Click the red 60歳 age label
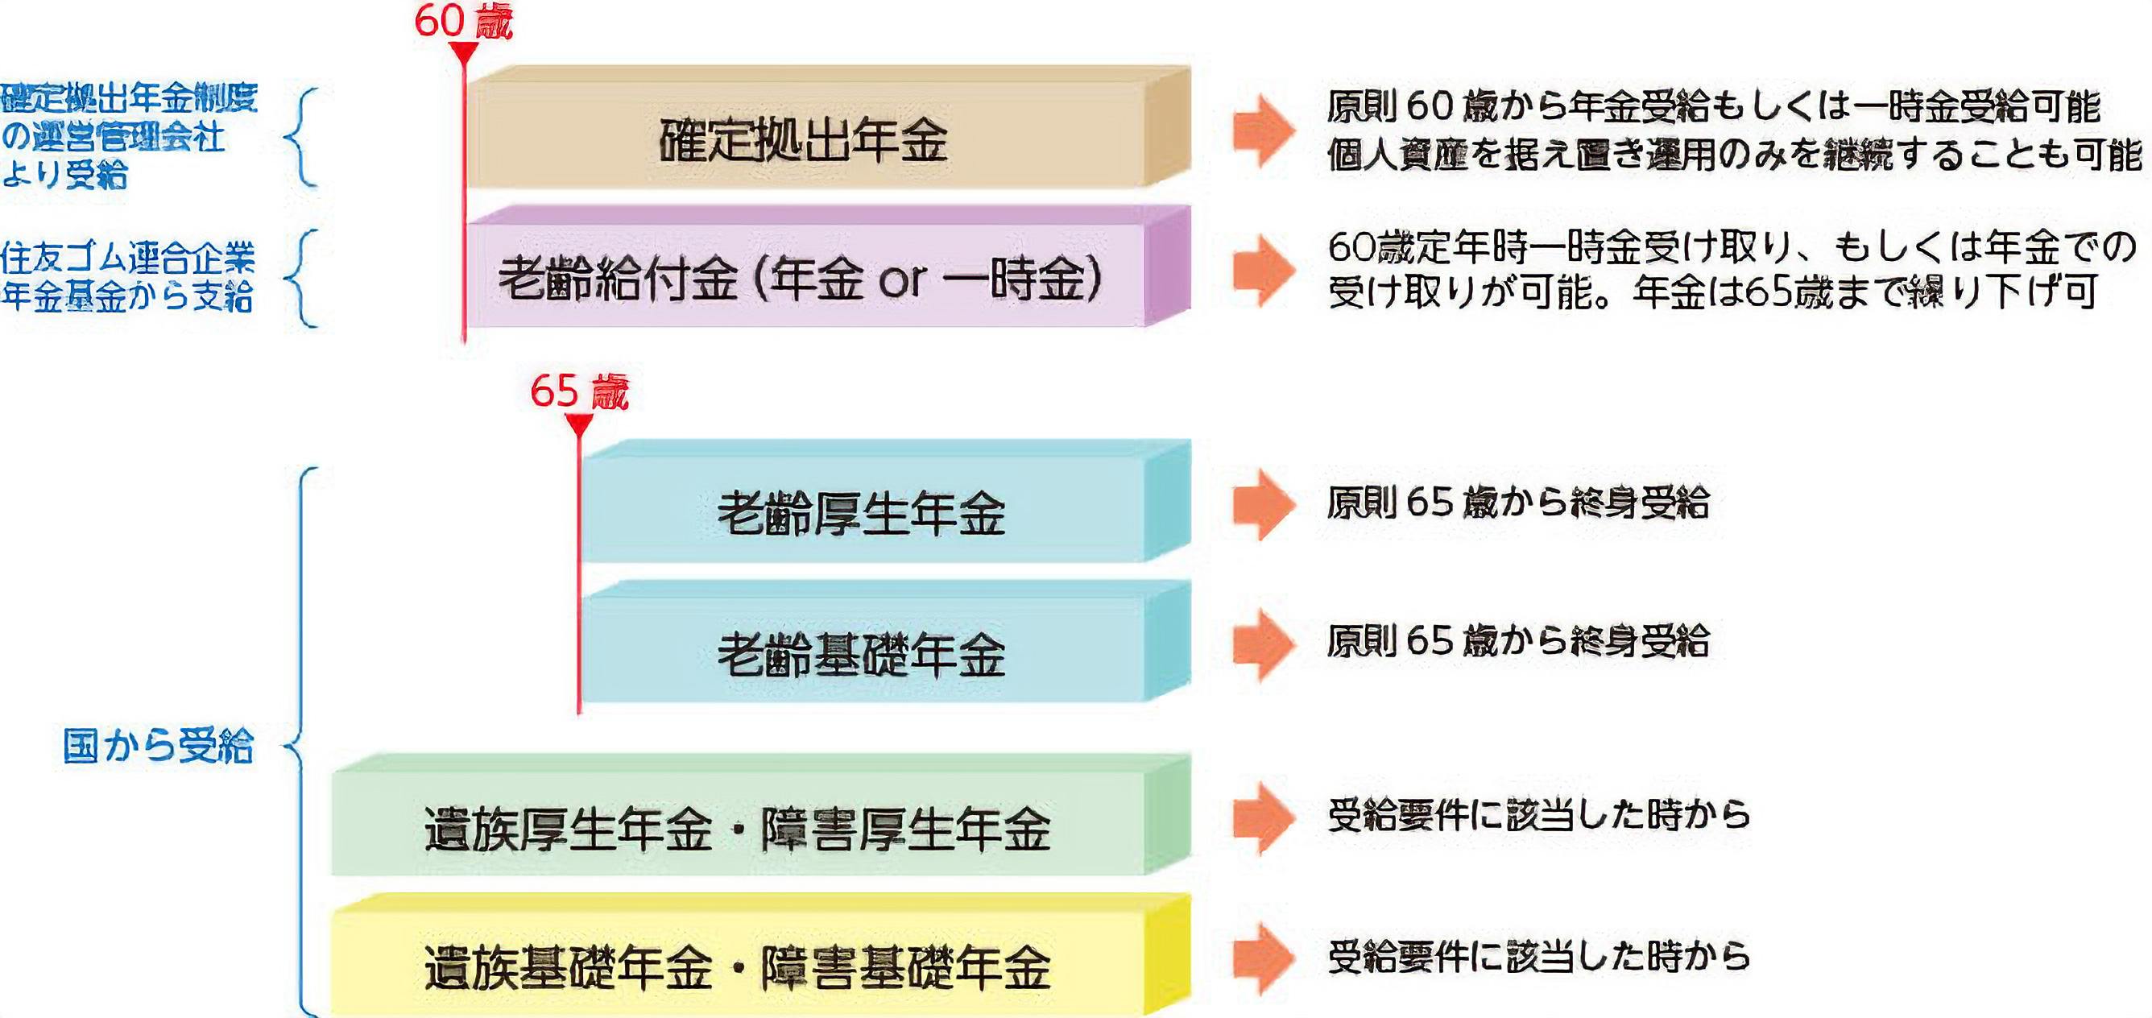pyautogui.click(x=463, y=21)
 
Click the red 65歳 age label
pyautogui.click(x=579, y=391)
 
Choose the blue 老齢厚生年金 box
pyautogui.click(x=861, y=511)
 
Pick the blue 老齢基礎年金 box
pyautogui.click(x=861, y=652)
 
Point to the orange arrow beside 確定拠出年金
pyautogui.click(x=1263, y=130)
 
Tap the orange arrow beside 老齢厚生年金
pyautogui.click(x=1263, y=503)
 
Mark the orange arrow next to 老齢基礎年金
pyautogui.click(x=1263, y=643)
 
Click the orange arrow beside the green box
pyautogui.click(x=1263, y=817)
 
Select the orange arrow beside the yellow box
pyautogui.click(x=1263, y=958)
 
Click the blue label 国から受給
pyautogui.click(x=158, y=745)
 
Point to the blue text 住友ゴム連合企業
pyautogui.click(x=128, y=258)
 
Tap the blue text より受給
pyautogui.click(x=64, y=175)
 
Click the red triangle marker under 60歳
pyautogui.click(x=464, y=52)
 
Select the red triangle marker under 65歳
pyautogui.click(x=579, y=424)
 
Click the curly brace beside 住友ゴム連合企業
pyautogui.click(x=302, y=277)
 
